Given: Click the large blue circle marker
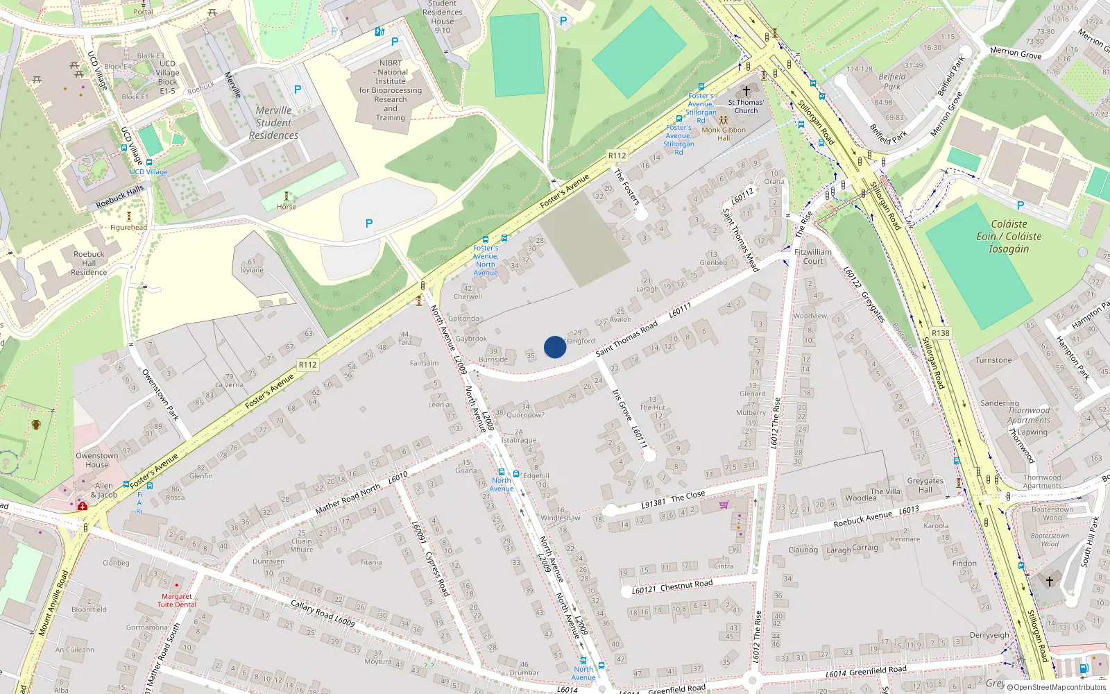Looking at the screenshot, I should (x=555, y=347).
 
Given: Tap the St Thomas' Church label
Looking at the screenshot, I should (x=746, y=106).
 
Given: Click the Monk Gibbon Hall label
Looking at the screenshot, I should (x=724, y=133).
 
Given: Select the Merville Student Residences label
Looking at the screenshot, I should (x=274, y=123).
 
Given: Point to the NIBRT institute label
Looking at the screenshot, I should (x=391, y=90).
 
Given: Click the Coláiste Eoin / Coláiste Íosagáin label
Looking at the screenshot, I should (x=1009, y=236).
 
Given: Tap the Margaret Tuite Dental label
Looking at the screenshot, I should (x=177, y=600).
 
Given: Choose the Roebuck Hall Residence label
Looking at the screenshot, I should (x=89, y=263).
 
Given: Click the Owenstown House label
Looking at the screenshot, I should (x=97, y=460).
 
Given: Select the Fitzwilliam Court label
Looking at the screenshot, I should (x=813, y=257).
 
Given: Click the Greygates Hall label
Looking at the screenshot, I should (x=925, y=484).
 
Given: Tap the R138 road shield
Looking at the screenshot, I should (x=941, y=333).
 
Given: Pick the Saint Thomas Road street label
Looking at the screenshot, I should (x=626, y=339).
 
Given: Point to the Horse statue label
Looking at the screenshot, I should (x=287, y=207).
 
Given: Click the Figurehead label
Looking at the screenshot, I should (x=129, y=228).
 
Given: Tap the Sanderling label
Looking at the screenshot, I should (x=1000, y=403).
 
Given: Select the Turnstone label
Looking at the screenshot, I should (x=993, y=360).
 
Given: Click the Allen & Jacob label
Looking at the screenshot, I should (x=104, y=490).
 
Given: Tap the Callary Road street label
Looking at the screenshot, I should (x=323, y=613).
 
